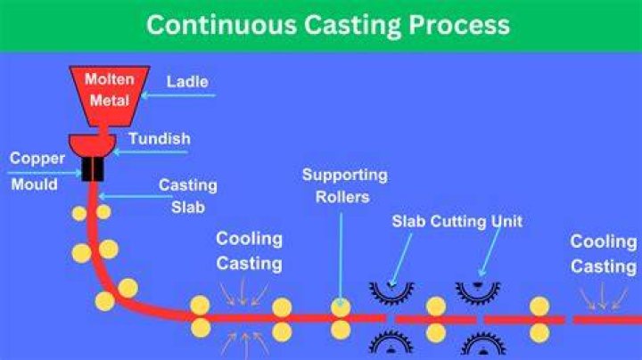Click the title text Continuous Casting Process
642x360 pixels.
pos(328,25)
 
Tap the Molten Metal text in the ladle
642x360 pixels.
pos(110,90)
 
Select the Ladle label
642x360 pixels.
pos(187,82)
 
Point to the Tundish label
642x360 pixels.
pos(160,139)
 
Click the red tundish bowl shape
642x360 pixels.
pos(93,145)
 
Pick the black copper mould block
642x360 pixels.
pos(93,169)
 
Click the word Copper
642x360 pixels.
pos(37,159)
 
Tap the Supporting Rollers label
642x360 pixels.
pos(345,185)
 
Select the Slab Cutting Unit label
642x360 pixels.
pos(457,221)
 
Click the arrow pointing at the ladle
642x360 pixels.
pos(178,95)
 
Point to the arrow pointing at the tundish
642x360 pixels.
pos(151,152)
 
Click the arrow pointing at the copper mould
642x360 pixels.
pos(45,173)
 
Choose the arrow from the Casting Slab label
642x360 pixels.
pos(136,197)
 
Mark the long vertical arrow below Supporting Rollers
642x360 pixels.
pos(341,259)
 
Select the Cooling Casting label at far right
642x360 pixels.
pos(604,254)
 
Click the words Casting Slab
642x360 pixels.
pos(188,196)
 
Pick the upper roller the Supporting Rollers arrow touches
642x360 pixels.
pos(341,307)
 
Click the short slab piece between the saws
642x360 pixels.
pos(436,320)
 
